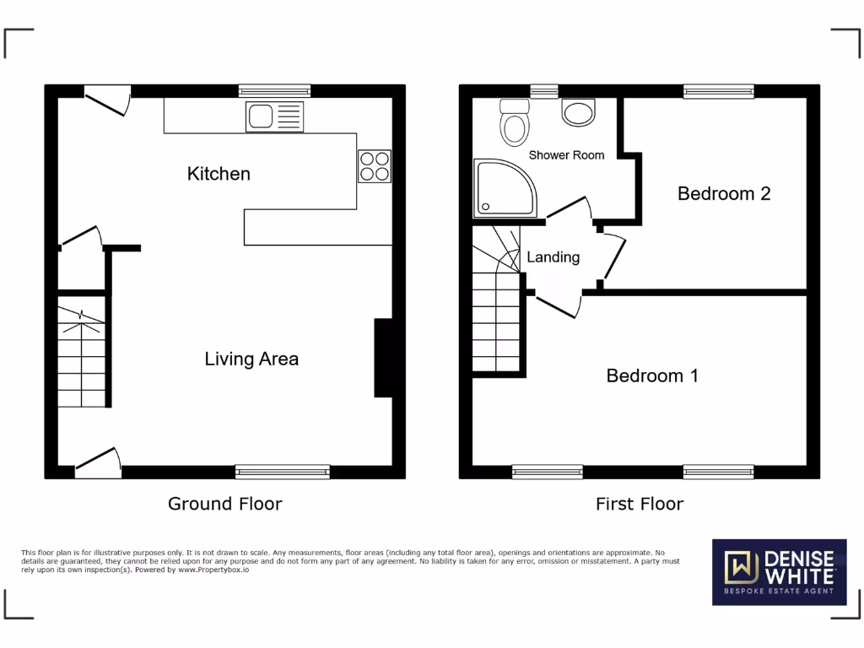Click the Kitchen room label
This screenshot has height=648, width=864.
(219, 174)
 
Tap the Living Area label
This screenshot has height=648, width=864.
(251, 359)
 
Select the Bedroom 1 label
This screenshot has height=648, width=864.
(652, 375)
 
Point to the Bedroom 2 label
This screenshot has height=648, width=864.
(724, 193)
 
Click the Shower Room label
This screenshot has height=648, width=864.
(566, 155)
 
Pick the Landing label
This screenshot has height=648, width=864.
(553, 257)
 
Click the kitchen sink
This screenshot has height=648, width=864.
(274, 116)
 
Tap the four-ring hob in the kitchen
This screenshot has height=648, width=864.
(375, 165)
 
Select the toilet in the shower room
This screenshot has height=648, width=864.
(514, 123)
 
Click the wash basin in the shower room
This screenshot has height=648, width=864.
(578, 112)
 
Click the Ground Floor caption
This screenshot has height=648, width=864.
(224, 504)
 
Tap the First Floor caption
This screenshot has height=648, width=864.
(640, 504)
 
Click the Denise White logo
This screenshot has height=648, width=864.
(779, 572)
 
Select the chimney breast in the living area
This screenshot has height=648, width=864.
(383, 357)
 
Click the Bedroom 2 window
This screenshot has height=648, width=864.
(719, 91)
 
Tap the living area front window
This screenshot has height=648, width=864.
(283, 472)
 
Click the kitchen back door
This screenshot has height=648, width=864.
(109, 99)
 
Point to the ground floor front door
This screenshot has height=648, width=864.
(99, 463)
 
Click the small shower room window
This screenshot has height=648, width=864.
(544, 91)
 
